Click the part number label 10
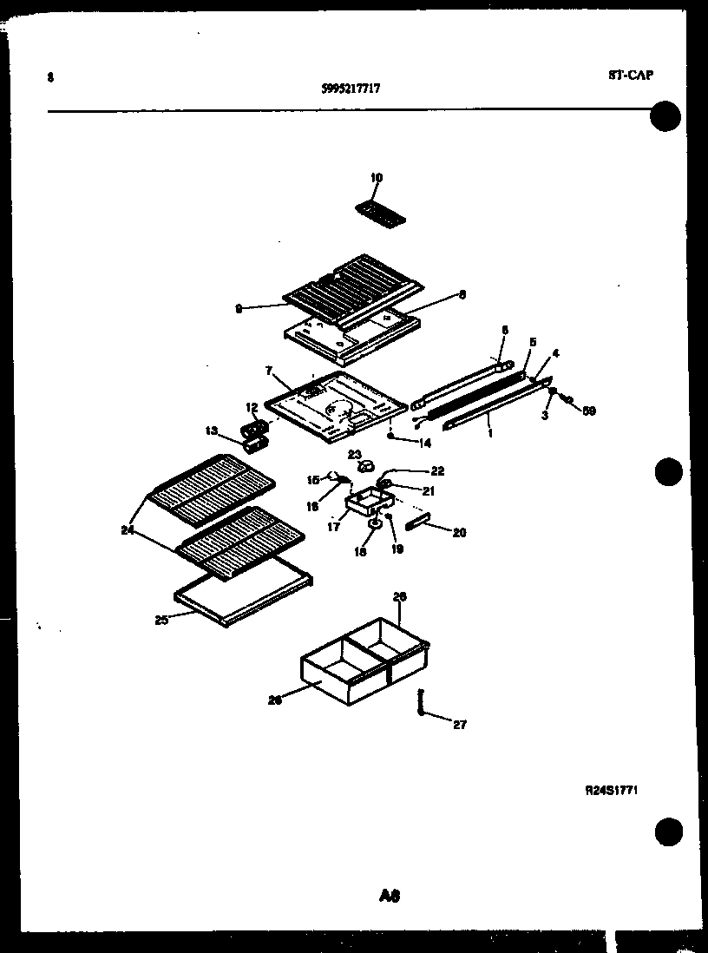tap(376, 178)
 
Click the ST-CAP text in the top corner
tap(629, 75)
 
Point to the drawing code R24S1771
tap(613, 790)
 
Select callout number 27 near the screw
tap(460, 725)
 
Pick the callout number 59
tap(589, 411)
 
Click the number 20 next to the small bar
tap(459, 532)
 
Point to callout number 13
tap(211, 430)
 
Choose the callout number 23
tap(354, 454)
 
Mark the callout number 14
tap(423, 443)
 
